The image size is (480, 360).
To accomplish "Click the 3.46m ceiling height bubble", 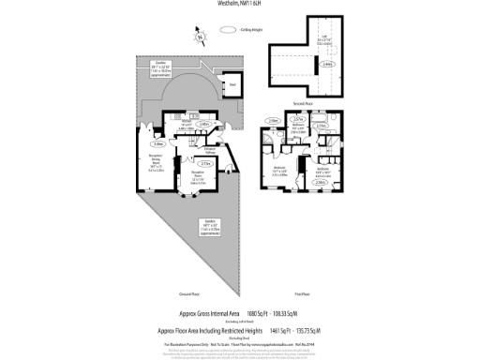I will pos(158,144).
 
